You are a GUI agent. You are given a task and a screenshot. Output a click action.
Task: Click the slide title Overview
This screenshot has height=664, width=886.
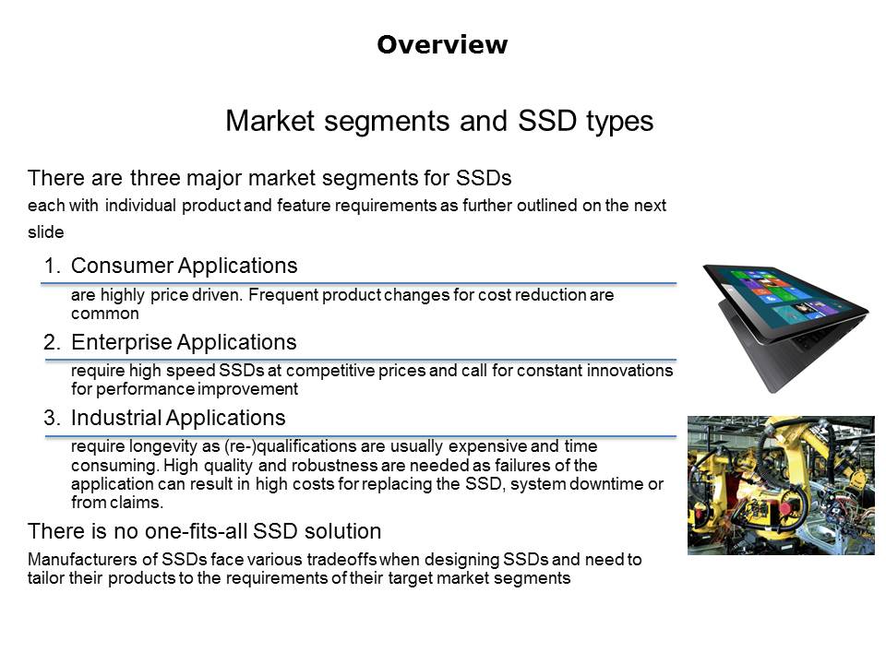[x=442, y=44]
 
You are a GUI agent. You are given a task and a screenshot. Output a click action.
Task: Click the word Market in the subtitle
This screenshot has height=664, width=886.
[x=270, y=121]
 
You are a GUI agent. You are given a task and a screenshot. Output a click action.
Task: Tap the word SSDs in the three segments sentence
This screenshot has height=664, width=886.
[x=483, y=178]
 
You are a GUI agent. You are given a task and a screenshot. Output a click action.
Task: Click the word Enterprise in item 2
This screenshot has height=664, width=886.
[x=120, y=342]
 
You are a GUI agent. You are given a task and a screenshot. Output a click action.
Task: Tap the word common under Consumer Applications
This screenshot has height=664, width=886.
[x=105, y=314]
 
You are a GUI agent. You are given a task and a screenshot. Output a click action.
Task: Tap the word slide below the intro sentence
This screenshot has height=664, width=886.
[x=46, y=232]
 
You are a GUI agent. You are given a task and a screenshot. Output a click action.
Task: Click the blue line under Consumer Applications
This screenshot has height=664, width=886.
[x=359, y=283]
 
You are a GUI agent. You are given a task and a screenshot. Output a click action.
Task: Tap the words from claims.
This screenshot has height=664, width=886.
[x=117, y=502]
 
